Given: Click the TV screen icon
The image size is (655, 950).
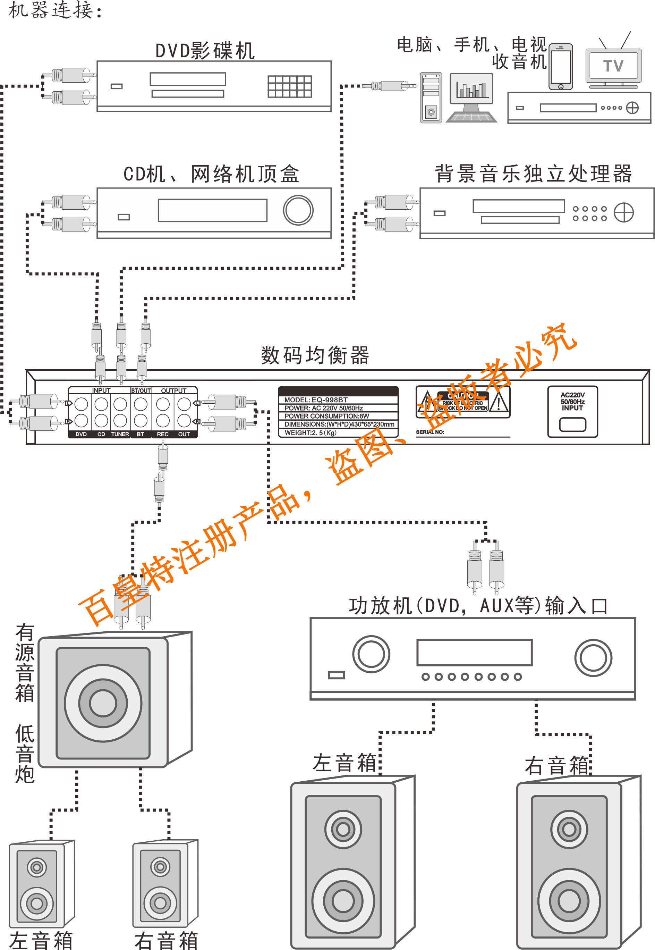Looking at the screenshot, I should (613, 65).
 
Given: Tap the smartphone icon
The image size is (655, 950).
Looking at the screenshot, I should (560, 67).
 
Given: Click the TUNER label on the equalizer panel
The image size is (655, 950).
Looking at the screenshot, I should (120, 434).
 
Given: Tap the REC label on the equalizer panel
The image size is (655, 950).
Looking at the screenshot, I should (162, 434).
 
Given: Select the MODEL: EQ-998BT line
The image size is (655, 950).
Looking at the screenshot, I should (316, 400).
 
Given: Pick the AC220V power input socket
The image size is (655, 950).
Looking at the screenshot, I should (572, 424).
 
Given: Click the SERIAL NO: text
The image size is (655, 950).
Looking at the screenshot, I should (430, 432).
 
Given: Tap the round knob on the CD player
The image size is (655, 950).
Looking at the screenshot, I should (298, 210).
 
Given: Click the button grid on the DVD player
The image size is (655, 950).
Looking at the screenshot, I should (290, 86).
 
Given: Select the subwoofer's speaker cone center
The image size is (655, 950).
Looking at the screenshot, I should (103, 703).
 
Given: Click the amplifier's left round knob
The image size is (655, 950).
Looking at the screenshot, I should (371, 654).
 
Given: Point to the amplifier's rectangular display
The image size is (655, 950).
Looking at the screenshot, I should (474, 652).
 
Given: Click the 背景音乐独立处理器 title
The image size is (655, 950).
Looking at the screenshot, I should (533, 173).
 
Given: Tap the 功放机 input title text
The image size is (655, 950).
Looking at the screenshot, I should (478, 606).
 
